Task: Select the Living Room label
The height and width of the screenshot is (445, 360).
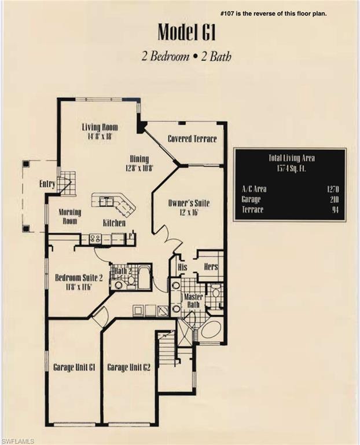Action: (x=100, y=127)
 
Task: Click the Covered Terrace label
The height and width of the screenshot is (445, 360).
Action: (x=192, y=139)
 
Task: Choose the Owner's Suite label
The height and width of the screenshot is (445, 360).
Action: (x=189, y=203)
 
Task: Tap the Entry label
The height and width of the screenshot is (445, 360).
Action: (x=47, y=184)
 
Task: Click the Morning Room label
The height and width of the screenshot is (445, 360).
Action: (x=70, y=216)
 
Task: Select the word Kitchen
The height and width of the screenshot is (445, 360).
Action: (x=114, y=223)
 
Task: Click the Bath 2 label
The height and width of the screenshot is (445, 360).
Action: (x=122, y=271)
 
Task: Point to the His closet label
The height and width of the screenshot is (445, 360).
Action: (x=182, y=268)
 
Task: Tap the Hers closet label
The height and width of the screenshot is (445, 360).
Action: (x=211, y=268)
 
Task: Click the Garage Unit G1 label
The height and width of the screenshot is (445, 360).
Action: (x=74, y=367)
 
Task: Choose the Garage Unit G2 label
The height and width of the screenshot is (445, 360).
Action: (x=129, y=367)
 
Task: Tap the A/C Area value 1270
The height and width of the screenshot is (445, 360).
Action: (x=332, y=189)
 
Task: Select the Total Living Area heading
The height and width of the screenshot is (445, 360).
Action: (x=291, y=158)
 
